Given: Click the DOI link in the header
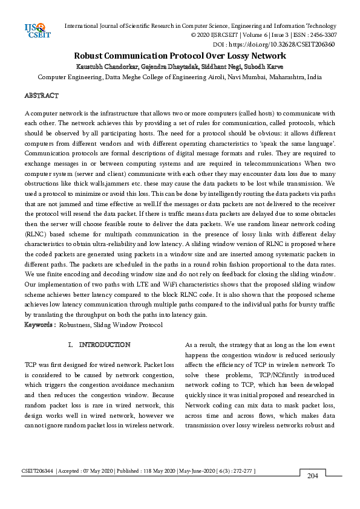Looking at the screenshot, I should click(281, 45).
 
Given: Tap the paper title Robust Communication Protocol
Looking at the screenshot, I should click(180, 56).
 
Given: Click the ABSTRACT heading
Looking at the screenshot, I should click(41, 96).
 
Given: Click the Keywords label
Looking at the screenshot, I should click(39, 325).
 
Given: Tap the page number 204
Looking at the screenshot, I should click(312, 476).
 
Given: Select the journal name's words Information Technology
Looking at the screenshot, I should click(306, 25).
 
